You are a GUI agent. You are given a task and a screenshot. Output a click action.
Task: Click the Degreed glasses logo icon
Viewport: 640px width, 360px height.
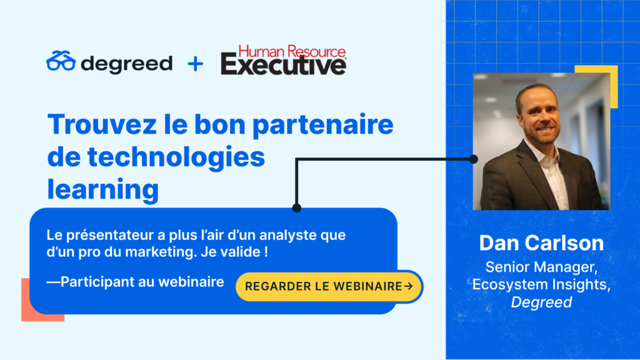click(x=61, y=61)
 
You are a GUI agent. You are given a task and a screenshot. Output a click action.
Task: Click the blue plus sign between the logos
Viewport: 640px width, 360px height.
click(x=195, y=64)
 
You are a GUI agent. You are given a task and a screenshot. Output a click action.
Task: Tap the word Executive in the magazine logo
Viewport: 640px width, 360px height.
click(x=284, y=65)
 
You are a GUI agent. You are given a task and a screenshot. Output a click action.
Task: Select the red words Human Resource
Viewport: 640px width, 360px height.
click(x=292, y=51)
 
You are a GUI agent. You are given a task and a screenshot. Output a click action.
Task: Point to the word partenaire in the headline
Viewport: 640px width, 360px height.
click(x=323, y=126)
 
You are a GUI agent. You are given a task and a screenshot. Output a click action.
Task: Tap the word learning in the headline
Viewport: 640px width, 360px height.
click(x=103, y=190)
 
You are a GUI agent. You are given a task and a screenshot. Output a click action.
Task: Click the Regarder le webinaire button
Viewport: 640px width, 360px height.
click(x=329, y=286)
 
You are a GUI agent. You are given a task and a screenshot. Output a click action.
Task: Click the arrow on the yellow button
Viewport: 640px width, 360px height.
click(x=408, y=286)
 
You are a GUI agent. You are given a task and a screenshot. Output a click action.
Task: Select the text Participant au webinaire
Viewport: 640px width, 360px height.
click(x=142, y=282)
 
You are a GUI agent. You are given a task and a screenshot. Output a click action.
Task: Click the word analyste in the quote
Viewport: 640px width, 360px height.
click(x=288, y=236)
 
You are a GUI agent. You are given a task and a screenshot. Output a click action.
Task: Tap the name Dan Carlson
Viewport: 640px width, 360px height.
click(x=541, y=243)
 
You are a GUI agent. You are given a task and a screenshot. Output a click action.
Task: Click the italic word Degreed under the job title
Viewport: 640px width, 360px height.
click(x=541, y=302)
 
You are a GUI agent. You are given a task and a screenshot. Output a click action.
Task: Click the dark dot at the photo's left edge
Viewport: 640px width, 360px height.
click(x=474, y=159)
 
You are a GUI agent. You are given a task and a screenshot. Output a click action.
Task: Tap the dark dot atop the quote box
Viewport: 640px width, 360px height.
click(x=297, y=208)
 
